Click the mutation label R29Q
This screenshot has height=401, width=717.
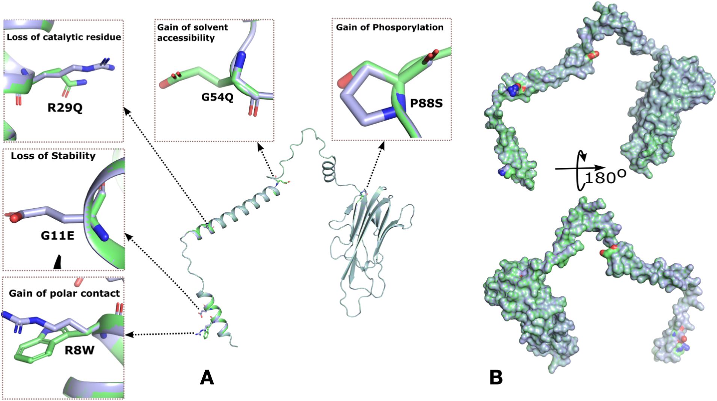click(x=65, y=108)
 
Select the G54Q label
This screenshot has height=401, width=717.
click(x=217, y=97)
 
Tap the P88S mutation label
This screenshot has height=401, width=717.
click(x=426, y=103)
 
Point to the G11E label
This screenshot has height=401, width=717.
click(x=57, y=235)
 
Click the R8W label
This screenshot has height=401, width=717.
click(x=79, y=350)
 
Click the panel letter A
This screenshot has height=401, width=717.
click(x=207, y=377)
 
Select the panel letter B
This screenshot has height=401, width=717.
click(x=496, y=377)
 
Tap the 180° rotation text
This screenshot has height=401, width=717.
click(x=605, y=177)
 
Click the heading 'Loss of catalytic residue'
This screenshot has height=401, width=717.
click(x=64, y=37)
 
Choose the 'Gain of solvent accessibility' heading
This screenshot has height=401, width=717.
click(x=192, y=32)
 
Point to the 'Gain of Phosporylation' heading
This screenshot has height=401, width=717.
click(x=389, y=27)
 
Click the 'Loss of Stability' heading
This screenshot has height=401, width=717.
click(x=53, y=156)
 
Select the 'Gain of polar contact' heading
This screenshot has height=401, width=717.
click(x=64, y=293)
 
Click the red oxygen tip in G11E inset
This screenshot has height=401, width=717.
click(x=14, y=217)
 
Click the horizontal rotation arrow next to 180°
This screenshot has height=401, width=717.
click(x=580, y=168)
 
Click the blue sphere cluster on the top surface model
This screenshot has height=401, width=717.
click(x=512, y=90)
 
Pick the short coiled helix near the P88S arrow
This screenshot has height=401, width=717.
click(x=328, y=170)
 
